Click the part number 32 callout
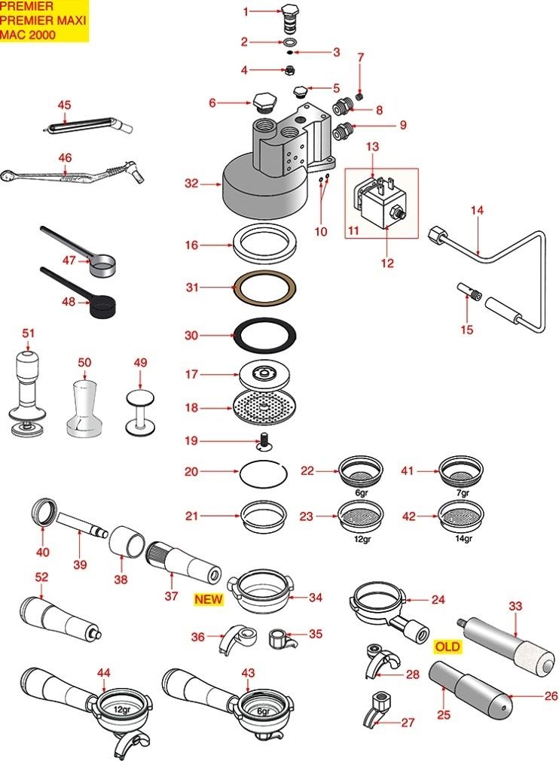coord(191,182)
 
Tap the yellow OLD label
coord(447,646)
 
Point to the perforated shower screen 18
coord(263,408)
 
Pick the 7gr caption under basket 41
coord(462,493)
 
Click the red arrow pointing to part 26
coord(524,696)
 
